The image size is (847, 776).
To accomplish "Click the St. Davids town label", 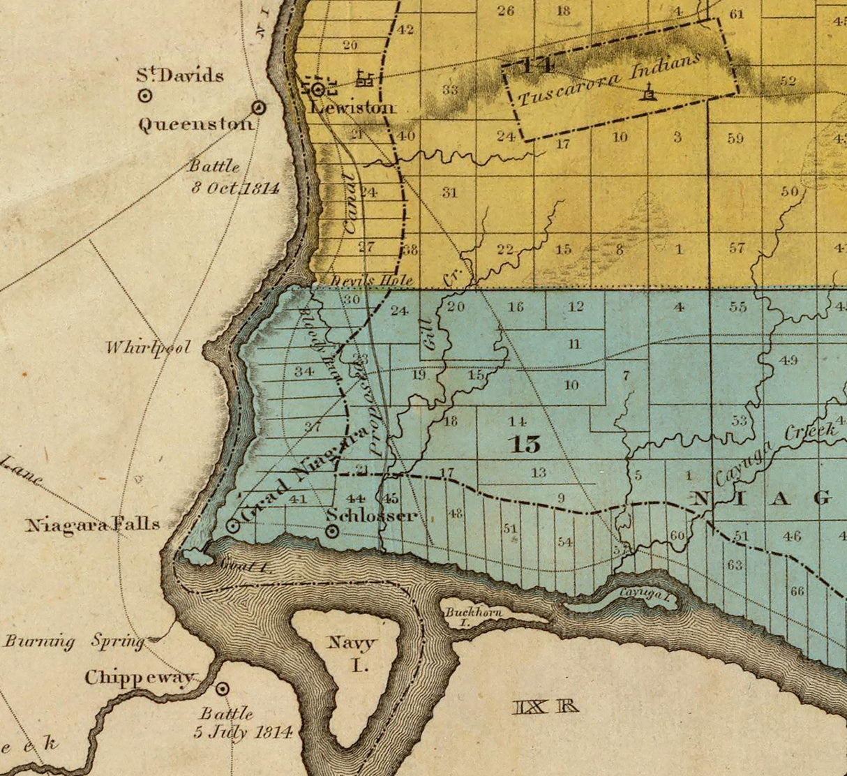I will (x=180, y=75).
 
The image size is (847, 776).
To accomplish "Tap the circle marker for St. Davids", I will (x=145, y=96).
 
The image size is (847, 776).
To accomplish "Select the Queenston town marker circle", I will (x=258, y=107).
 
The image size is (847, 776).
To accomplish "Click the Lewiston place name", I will (x=353, y=107).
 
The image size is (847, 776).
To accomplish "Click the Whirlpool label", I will (x=148, y=348).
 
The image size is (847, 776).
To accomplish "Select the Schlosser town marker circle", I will (x=333, y=532).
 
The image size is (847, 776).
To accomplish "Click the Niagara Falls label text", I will (x=93, y=525).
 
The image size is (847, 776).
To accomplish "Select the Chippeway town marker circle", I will (x=223, y=689).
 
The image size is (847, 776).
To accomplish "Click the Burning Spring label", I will (x=73, y=641).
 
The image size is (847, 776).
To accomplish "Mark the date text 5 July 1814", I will (x=242, y=732).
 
